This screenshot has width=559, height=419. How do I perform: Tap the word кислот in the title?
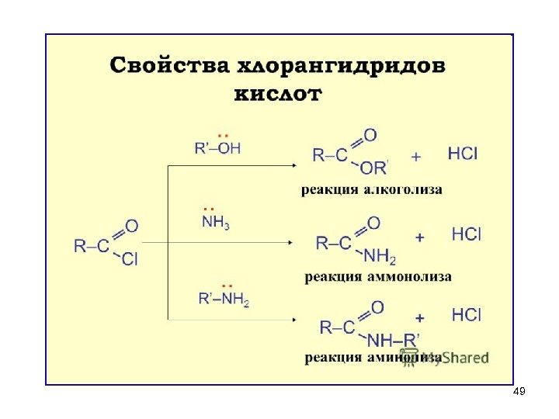(x=277, y=95)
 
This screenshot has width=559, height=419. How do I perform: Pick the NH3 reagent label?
(x=215, y=223)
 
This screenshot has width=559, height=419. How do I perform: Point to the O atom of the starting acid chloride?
(x=131, y=227)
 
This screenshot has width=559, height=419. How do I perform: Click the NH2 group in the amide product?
(x=380, y=256)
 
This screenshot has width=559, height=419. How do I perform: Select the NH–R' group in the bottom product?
(x=393, y=339)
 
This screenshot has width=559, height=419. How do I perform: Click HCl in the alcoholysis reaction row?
(x=463, y=154)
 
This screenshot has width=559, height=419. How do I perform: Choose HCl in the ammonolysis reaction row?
(x=466, y=234)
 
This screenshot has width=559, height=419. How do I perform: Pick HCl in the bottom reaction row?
(x=466, y=315)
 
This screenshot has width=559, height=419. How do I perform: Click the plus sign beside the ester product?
(x=416, y=156)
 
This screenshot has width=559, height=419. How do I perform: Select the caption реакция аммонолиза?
(x=377, y=276)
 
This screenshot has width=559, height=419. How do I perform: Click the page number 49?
(x=519, y=392)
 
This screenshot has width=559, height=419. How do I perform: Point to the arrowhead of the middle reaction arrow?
(x=291, y=242)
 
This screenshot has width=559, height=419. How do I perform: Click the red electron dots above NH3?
(x=207, y=209)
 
